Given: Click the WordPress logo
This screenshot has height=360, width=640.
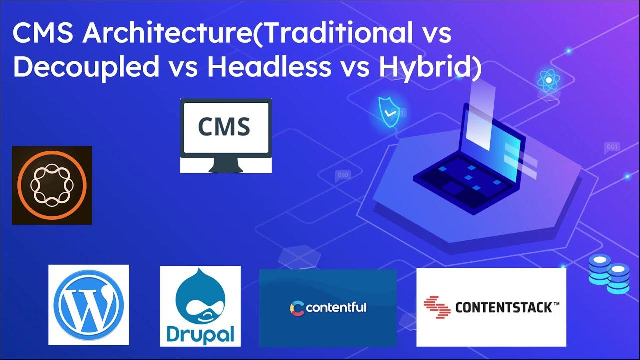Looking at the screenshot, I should tap(88, 305).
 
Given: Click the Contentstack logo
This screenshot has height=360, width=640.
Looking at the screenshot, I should tap(491, 307).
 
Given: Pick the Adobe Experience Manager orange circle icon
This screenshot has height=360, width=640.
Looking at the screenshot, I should tap(52, 185).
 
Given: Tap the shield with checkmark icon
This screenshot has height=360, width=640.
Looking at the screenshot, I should tap(388, 111).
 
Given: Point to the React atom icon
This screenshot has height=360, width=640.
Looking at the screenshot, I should tap(548, 80).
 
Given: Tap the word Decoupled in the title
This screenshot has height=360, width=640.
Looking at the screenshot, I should tap(86, 67).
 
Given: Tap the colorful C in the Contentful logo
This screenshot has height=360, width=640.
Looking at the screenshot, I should tap(297, 308).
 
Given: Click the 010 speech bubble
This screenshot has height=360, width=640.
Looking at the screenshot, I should tap(342, 175).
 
